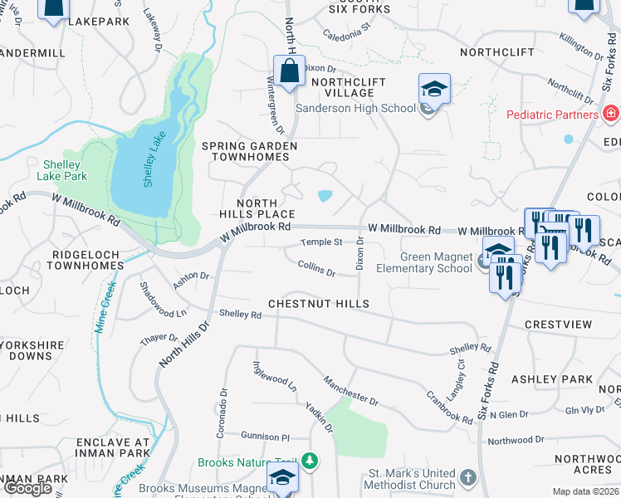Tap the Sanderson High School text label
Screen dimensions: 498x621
pos(355,108)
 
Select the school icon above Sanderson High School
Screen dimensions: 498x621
pos(434,89)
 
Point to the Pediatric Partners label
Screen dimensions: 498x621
pos(552,114)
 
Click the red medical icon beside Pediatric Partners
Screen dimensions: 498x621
pos(611,113)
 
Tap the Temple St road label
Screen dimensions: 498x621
pos(321,242)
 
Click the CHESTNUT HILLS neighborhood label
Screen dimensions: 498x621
pos(318,304)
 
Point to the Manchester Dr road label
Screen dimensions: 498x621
pos(350,388)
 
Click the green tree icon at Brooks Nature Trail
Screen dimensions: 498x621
pos(310,460)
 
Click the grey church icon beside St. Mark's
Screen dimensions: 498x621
pos(468,477)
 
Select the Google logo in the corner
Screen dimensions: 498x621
pos(28,488)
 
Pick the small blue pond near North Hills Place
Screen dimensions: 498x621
pos(325,196)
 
